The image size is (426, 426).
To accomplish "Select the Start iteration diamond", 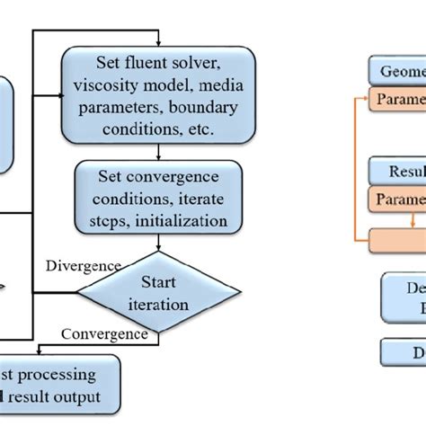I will (x=158, y=293).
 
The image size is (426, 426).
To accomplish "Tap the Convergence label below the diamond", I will (x=104, y=334).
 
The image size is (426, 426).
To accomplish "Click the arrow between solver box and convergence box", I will (x=158, y=150).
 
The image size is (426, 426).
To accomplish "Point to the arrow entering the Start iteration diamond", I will (x=158, y=244).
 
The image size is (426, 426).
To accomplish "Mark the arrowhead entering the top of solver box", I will (x=158, y=43).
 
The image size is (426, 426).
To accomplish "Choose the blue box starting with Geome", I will (x=396, y=71).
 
